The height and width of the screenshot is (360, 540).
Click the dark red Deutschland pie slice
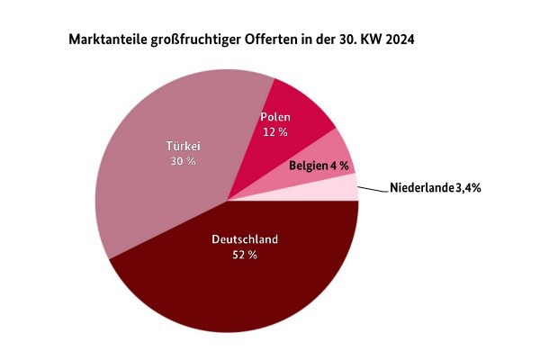pos(234,288)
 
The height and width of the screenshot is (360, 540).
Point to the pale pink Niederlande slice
pos(346,188)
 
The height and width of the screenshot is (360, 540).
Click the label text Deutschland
pos(245,239)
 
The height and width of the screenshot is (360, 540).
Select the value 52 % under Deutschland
pos(245,255)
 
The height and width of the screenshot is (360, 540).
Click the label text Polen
pos(275,117)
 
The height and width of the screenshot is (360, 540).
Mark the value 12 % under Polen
pos(275,132)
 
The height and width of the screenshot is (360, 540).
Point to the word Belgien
pos(308,166)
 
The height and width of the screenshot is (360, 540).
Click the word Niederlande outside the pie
pos(422,189)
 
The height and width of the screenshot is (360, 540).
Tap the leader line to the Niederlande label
pos(371,188)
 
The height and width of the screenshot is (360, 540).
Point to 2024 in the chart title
pos(400,41)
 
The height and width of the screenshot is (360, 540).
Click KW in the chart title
pos(370,41)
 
